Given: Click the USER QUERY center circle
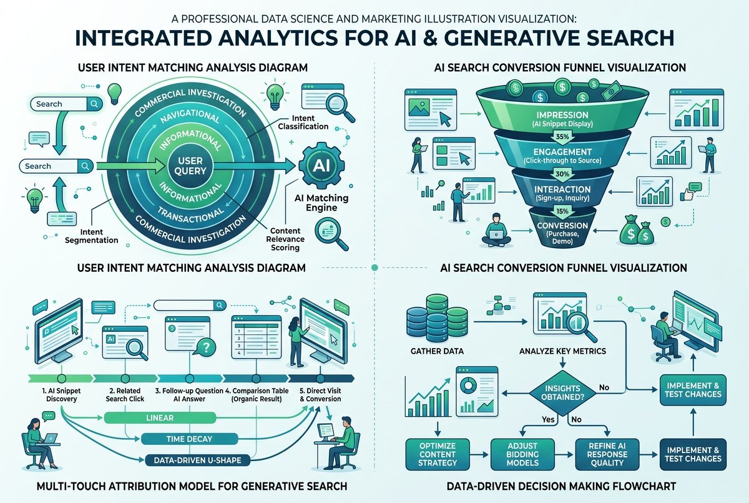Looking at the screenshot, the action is (190, 166).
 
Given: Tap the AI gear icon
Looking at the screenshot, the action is (321, 166).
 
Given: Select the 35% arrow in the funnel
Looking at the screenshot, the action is (562, 137).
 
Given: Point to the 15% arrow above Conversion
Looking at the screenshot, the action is (562, 212).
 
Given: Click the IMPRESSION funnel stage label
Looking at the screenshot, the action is (562, 115).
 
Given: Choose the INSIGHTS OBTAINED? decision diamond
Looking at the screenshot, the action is (562, 392).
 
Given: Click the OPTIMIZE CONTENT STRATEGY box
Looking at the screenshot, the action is (438, 454).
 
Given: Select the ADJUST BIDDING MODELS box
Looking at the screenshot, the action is (522, 454).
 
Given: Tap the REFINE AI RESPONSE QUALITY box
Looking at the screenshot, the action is (607, 454).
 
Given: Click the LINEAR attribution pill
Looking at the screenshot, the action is (160, 417).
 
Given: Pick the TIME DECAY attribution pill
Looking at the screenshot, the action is (189, 439).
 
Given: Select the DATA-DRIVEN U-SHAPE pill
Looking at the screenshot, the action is (198, 460).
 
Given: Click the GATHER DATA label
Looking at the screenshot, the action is (437, 351).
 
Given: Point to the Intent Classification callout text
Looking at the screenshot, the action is (303, 122).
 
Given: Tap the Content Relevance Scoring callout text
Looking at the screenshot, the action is (285, 239).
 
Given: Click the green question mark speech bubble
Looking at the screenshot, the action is (205, 347).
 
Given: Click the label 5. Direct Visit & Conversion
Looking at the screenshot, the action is (320, 394).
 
